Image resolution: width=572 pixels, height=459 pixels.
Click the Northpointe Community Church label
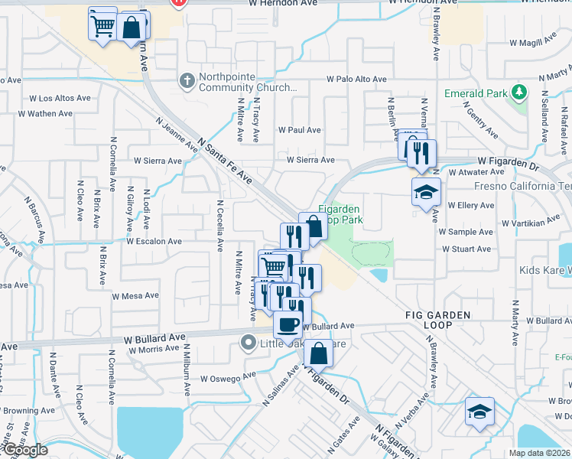click(x=245, y=82)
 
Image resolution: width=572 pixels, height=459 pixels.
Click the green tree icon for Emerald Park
click(x=520, y=93)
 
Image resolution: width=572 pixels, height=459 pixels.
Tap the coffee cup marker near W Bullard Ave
click(x=288, y=324)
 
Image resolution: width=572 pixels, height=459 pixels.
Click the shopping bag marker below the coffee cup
click(x=318, y=354)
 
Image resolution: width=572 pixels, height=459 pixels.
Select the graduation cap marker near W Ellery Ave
click(x=426, y=193)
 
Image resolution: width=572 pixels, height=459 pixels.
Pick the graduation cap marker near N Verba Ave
click(x=479, y=412)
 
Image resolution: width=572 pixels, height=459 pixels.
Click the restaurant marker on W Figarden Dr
click(x=421, y=153)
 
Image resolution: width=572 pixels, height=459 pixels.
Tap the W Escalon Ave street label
click(x=154, y=241)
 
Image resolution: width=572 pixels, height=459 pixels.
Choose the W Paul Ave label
click(x=300, y=130)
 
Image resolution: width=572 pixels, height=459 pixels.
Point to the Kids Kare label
click(x=546, y=271)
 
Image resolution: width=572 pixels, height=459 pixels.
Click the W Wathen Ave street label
click(x=45, y=113)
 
